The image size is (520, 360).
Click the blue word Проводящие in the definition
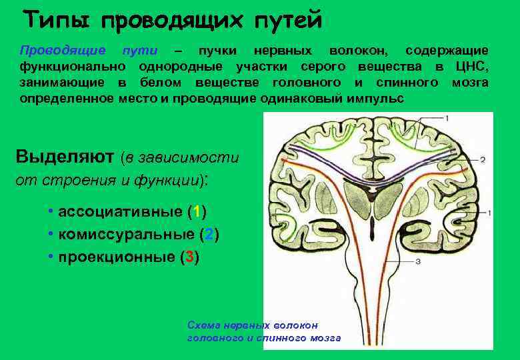(x=62, y=51)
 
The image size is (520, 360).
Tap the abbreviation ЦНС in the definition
(x=472, y=67)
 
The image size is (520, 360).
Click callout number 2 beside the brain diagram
(x=482, y=159)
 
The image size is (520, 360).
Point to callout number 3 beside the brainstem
(x=417, y=261)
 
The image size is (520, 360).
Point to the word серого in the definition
(x=323, y=67)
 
